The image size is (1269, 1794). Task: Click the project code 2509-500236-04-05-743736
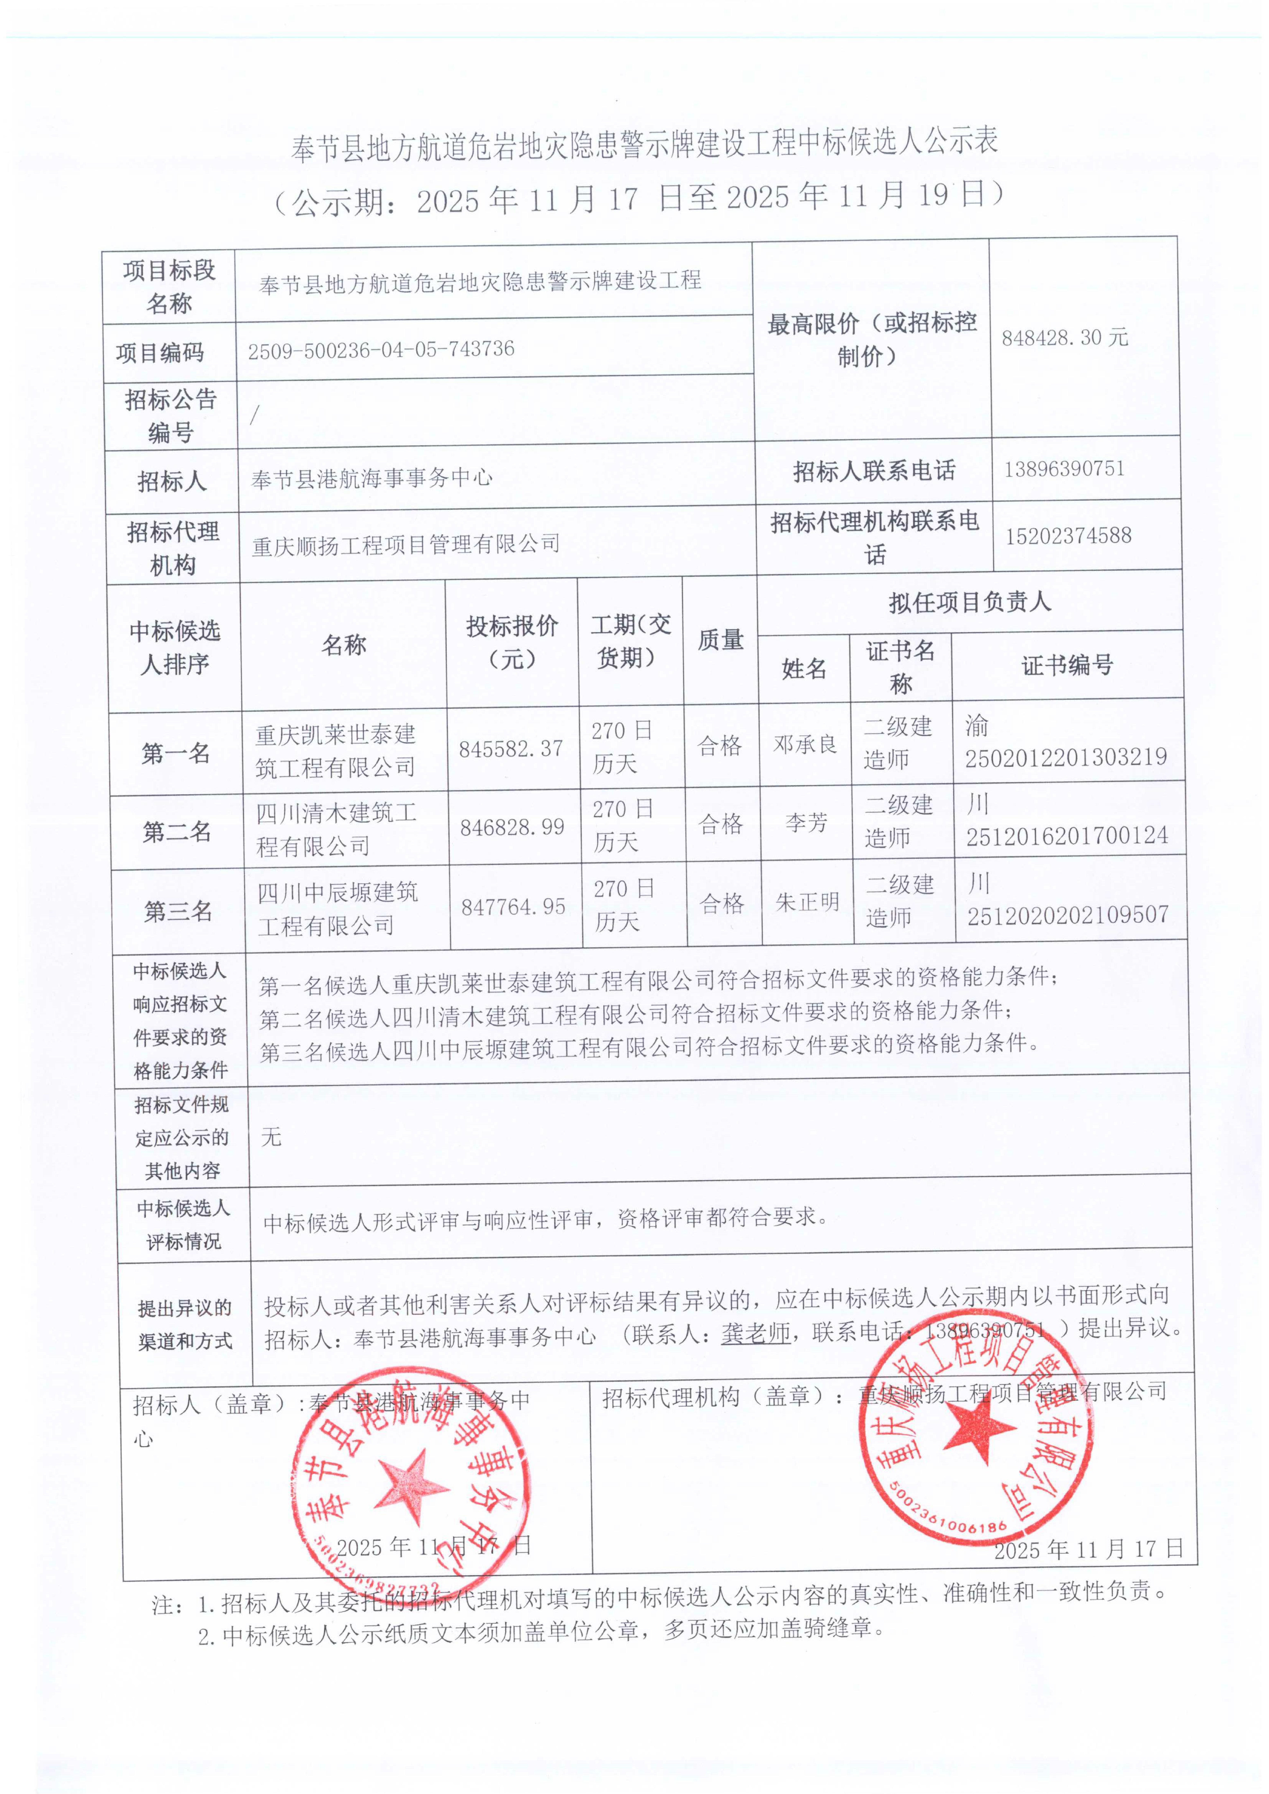[381, 349]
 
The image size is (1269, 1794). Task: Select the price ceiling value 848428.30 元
[1064, 337]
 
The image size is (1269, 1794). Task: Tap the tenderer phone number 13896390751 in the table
[1064, 469]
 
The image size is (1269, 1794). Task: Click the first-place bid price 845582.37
[511, 749]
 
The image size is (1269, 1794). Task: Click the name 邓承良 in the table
[805, 745]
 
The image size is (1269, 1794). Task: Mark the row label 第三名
[178, 911]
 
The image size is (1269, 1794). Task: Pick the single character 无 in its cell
[271, 1137]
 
